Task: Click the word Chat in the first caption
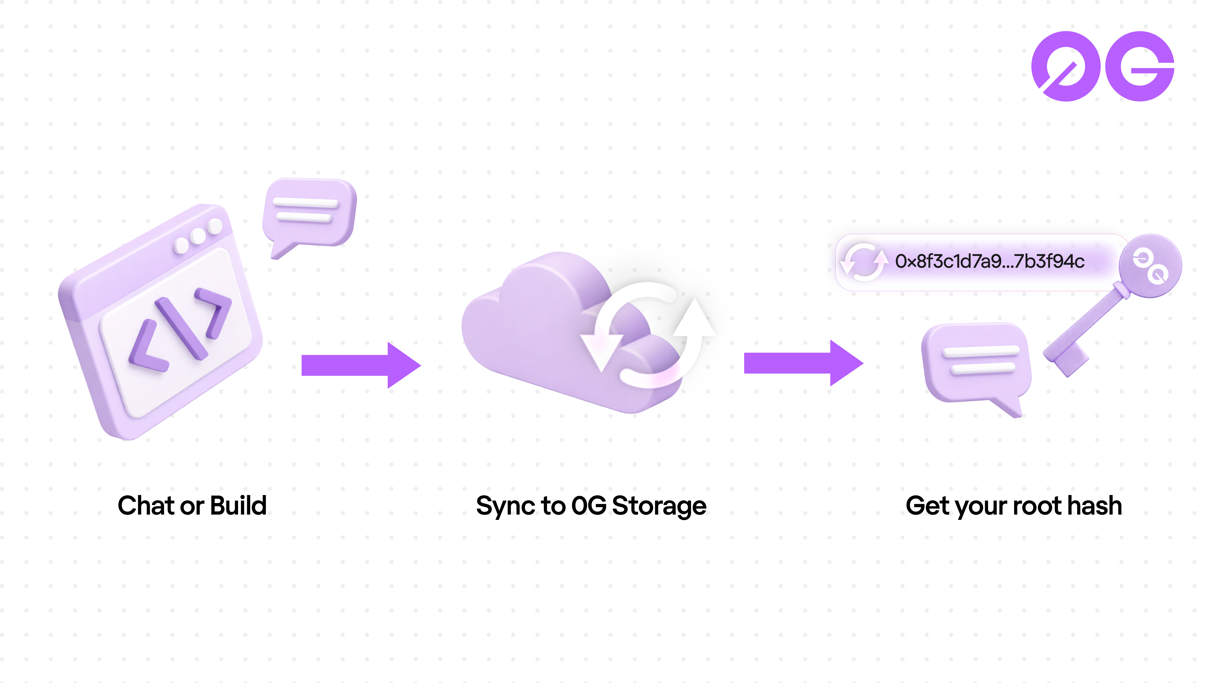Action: (146, 506)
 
